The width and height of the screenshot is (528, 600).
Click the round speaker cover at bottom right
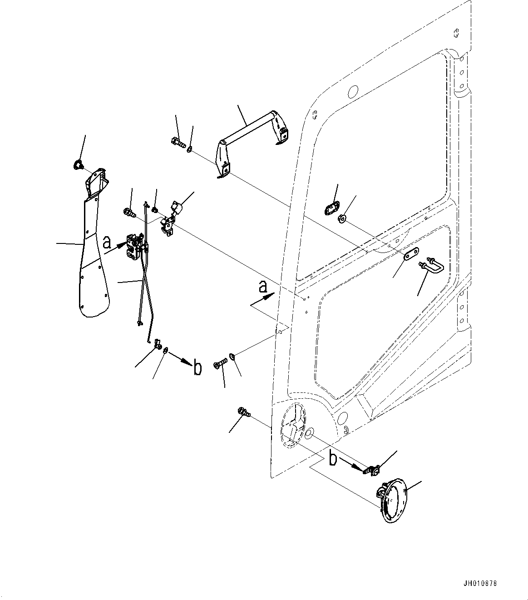[x=392, y=500]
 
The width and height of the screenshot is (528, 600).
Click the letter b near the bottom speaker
[x=333, y=459]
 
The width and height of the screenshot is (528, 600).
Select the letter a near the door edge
[x=262, y=287]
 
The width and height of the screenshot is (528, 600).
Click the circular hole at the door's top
[x=352, y=91]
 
